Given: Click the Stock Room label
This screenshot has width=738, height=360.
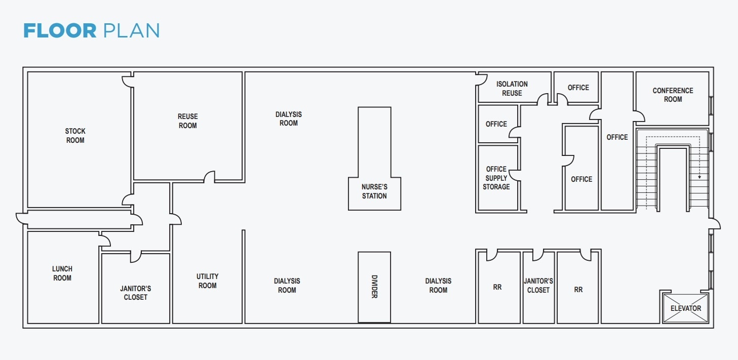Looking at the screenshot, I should (x=75, y=136).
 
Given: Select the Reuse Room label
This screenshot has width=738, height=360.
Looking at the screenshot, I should (x=187, y=121).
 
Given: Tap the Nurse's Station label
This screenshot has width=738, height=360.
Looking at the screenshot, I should (x=374, y=191).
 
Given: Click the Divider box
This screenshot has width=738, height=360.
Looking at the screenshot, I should (x=374, y=287).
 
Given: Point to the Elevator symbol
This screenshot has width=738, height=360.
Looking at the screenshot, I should (x=686, y=308).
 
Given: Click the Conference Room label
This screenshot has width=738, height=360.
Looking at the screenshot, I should (x=673, y=95).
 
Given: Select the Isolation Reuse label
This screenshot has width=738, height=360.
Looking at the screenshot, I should (x=512, y=89).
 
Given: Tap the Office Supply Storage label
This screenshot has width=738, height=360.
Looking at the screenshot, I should (x=496, y=178).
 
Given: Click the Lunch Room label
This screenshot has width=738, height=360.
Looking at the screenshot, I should (x=62, y=273).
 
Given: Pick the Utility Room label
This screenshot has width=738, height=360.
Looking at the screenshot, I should (x=207, y=281).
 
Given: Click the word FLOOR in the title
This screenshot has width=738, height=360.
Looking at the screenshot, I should (x=60, y=31).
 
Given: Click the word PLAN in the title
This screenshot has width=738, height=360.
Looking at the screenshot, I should (x=131, y=31).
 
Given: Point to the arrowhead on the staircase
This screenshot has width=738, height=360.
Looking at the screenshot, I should (x=700, y=177).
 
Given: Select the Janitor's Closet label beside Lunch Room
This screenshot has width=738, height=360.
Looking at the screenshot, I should (x=135, y=293).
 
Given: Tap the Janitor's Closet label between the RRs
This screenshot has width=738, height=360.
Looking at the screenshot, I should (x=538, y=286).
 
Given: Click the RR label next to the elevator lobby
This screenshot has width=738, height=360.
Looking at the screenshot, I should (x=578, y=289).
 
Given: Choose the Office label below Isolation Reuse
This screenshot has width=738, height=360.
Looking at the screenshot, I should (x=496, y=124).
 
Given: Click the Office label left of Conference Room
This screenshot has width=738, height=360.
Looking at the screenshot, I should (x=578, y=88).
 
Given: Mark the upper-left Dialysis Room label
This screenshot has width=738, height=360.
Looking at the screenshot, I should (x=289, y=119).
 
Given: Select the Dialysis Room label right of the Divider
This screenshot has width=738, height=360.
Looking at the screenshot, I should (x=438, y=286).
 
